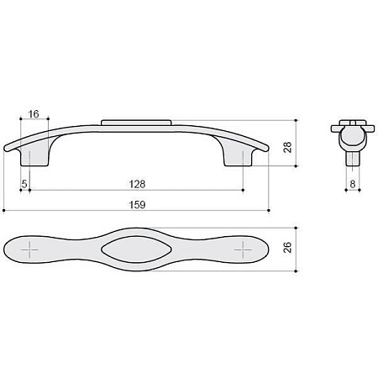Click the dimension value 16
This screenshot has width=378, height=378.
click(34, 114)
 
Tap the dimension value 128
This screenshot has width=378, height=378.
click(137, 184)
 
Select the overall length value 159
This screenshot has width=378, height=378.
click(137, 205)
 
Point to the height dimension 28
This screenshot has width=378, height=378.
click(287, 147)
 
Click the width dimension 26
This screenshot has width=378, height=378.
click(287, 247)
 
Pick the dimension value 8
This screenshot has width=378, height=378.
click(353, 184)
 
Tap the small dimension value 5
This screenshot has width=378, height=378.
click(24, 184)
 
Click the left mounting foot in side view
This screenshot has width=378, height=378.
click(35, 157)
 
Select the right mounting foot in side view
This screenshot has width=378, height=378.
click(239, 157)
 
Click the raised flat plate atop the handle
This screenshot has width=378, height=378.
click(136, 123)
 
